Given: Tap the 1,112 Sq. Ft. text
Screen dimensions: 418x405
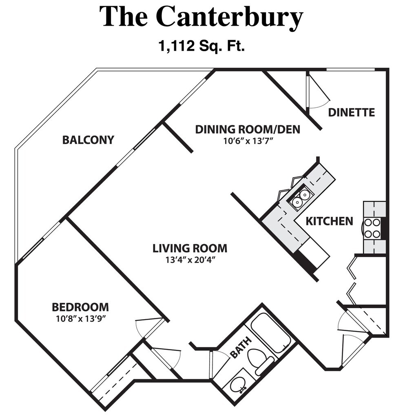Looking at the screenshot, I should [201, 46].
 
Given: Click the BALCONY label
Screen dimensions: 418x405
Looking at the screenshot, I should [88, 140].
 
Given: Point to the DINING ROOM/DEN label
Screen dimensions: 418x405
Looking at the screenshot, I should [248, 129].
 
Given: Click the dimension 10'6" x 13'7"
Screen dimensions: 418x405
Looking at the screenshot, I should [248, 141].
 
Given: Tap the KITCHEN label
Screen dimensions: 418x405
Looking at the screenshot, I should [329, 221].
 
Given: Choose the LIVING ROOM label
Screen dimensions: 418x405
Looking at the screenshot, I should [190, 248].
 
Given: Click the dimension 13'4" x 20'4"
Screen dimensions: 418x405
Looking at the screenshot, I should [190, 260].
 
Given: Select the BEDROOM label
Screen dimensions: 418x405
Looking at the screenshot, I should [80, 307].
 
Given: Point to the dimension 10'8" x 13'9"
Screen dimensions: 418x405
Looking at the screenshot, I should [80, 318].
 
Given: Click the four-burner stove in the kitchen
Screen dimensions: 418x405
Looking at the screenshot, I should [372, 228].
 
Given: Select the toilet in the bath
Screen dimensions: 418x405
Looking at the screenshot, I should [261, 361].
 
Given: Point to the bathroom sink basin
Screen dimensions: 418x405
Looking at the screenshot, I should [238, 384].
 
